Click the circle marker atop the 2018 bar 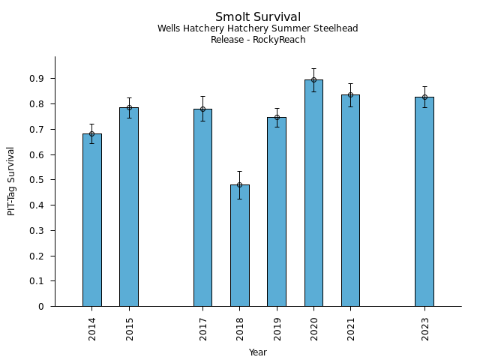239,184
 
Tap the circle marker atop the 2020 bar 313,79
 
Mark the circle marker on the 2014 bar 92,134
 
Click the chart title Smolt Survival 258,17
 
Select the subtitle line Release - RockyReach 258,40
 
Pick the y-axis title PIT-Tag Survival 11,181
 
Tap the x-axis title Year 258,352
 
